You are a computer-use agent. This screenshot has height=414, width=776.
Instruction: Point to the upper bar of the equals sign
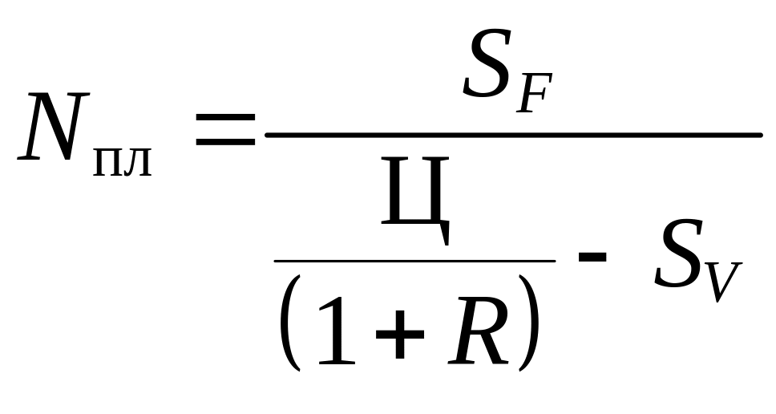[x=224, y=120]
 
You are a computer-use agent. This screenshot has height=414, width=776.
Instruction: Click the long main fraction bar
[x=513, y=134]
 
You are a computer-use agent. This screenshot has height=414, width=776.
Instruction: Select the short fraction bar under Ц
[x=414, y=260]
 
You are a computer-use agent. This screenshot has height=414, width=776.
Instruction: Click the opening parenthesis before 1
[x=289, y=322]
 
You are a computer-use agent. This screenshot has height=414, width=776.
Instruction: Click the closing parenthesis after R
[x=527, y=322]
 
